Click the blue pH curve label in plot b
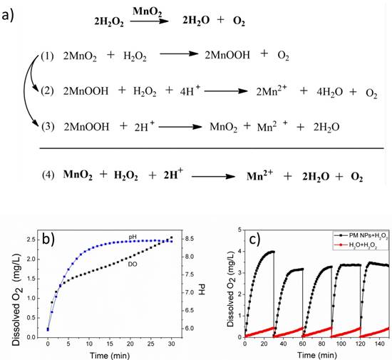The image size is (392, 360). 133,235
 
